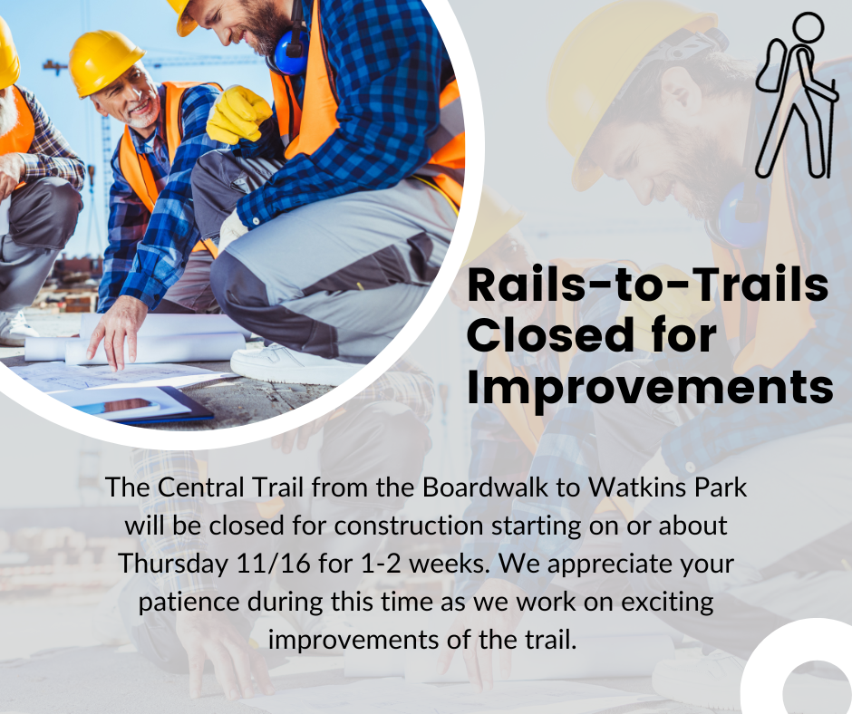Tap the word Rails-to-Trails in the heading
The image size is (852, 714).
point(647,286)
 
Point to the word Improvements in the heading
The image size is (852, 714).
point(650,387)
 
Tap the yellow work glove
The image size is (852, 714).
point(237,115)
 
